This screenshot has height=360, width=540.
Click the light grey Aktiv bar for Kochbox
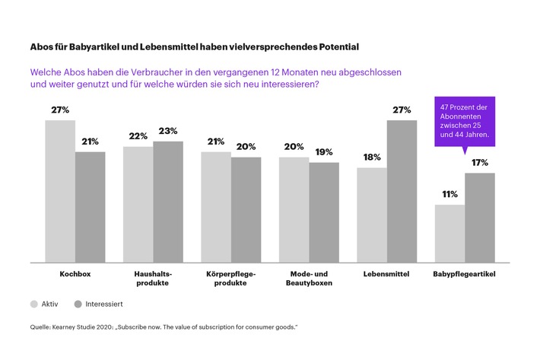pyautogui.click(x=60, y=190)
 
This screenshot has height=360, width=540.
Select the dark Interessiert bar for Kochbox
pyautogui.click(x=90, y=206)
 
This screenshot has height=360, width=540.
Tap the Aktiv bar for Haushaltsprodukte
pyautogui.click(x=138, y=203)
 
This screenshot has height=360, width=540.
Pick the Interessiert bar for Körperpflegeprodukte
pyautogui.click(x=246, y=209)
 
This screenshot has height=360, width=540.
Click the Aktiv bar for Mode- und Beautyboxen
pyautogui.click(x=294, y=209)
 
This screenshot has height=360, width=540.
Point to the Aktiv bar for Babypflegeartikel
pyautogui.click(x=449, y=232)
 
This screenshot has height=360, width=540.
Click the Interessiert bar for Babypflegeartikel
pyautogui.click(x=479, y=217)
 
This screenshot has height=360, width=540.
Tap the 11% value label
pyautogui.click(x=449, y=195)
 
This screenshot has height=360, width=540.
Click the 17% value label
pyautogui.click(x=479, y=163)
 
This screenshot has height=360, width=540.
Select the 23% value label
pyautogui.click(x=168, y=132)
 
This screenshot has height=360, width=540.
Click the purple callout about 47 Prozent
pyautogui.click(x=463, y=121)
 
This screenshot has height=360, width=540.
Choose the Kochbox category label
pyautogui.click(x=75, y=273)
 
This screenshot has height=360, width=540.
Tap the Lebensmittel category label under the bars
pyautogui.click(x=386, y=273)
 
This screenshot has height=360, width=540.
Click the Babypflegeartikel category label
pyautogui.click(x=464, y=273)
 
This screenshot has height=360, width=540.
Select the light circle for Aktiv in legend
pyautogui.click(x=34, y=304)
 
